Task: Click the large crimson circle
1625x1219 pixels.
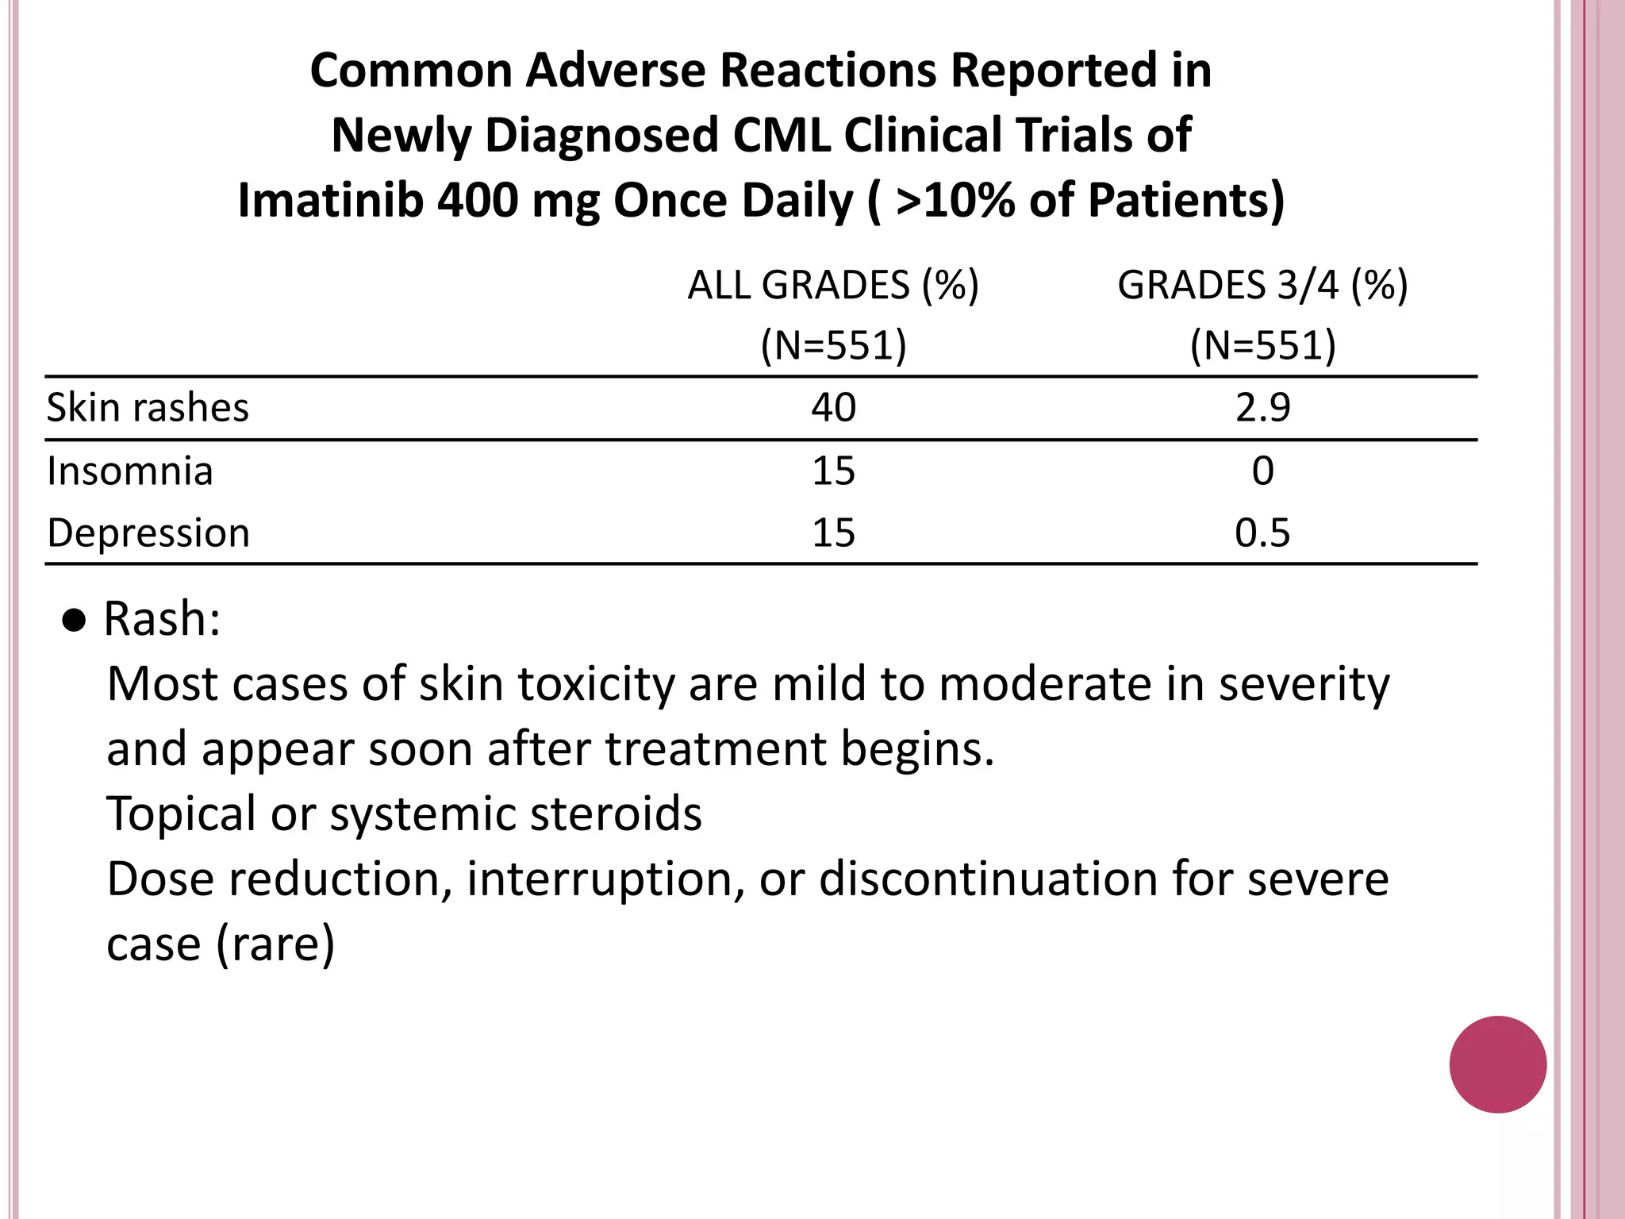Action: click(1497, 1064)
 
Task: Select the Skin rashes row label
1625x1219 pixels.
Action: click(148, 408)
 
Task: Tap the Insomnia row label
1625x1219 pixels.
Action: click(130, 471)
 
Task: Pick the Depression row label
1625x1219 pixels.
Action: click(148, 533)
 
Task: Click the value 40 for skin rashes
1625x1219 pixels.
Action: click(833, 408)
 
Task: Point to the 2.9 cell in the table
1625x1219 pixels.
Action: click(1262, 408)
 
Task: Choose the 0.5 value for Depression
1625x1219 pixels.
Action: click(1262, 533)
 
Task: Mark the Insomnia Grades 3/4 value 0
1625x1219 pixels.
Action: click(1262, 471)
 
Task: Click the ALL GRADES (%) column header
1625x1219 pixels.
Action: click(833, 286)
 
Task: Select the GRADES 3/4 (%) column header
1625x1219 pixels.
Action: click(1262, 286)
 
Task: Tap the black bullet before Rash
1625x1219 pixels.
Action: click(74, 621)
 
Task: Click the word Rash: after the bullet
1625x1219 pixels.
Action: click(162, 619)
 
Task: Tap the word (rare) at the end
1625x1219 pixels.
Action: click(275, 944)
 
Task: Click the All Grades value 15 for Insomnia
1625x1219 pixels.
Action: click(833, 471)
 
